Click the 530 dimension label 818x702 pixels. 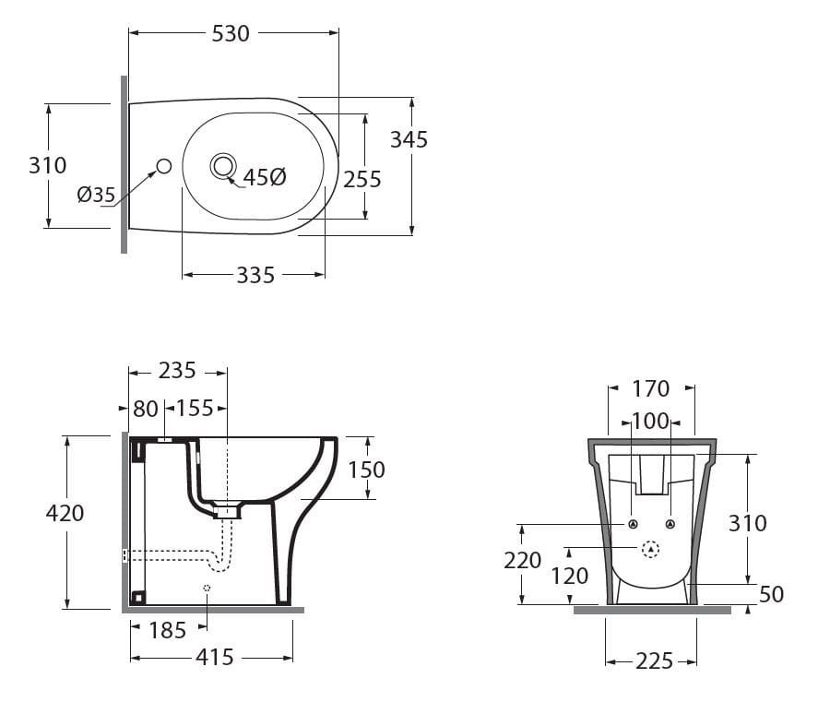tap(231, 34)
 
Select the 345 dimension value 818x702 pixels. tap(409, 139)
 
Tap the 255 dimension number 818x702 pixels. tap(362, 180)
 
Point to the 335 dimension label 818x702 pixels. tap(255, 275)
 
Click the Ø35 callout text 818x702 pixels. tap(96, 195)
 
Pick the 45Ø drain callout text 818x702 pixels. tap(265, 177)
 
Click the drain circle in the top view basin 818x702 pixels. tap(224, 166)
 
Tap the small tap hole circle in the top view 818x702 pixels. tap(164, 166)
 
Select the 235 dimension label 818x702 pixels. tap(177, 371)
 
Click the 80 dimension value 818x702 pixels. tap(146, 410)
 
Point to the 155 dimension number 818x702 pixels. tap(195, 409)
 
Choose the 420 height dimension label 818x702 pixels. tap(65, 514)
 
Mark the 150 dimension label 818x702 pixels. tap(367, 470)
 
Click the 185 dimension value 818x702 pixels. tap(168, 630)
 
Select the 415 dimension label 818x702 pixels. tap(215, 658)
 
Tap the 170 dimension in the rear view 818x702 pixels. tap(650, 389)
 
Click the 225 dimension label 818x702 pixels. tap(655, 661)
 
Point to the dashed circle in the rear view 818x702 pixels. tap(650, 549)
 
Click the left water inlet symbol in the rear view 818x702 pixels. tap(633, 524)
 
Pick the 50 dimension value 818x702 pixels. tap(772, 594)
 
